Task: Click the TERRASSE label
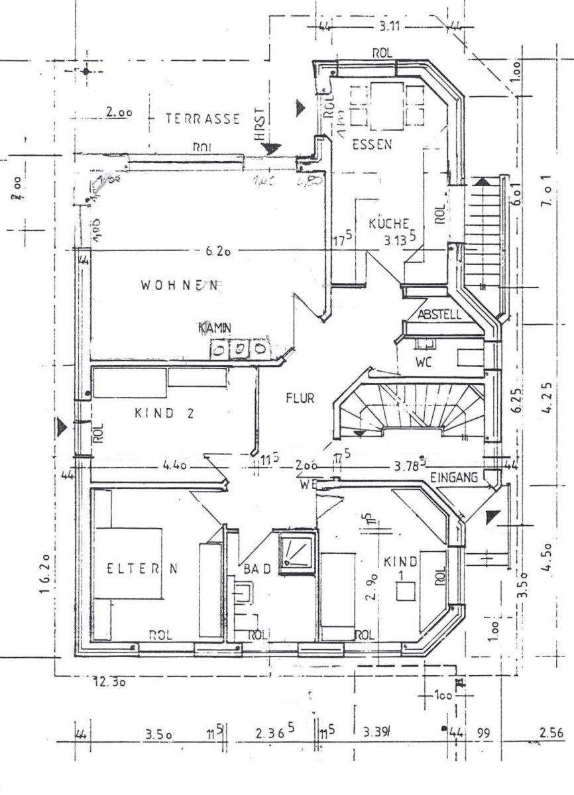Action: tap(202, 119)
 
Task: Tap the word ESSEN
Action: tap(371, 144)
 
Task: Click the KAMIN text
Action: tap(214, 328)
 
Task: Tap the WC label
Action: tap(424, 363)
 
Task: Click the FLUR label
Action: tap(299, 398)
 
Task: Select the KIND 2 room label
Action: tap(164, 413)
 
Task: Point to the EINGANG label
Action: tap(454, 477)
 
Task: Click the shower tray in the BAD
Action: tap(295, 551)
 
